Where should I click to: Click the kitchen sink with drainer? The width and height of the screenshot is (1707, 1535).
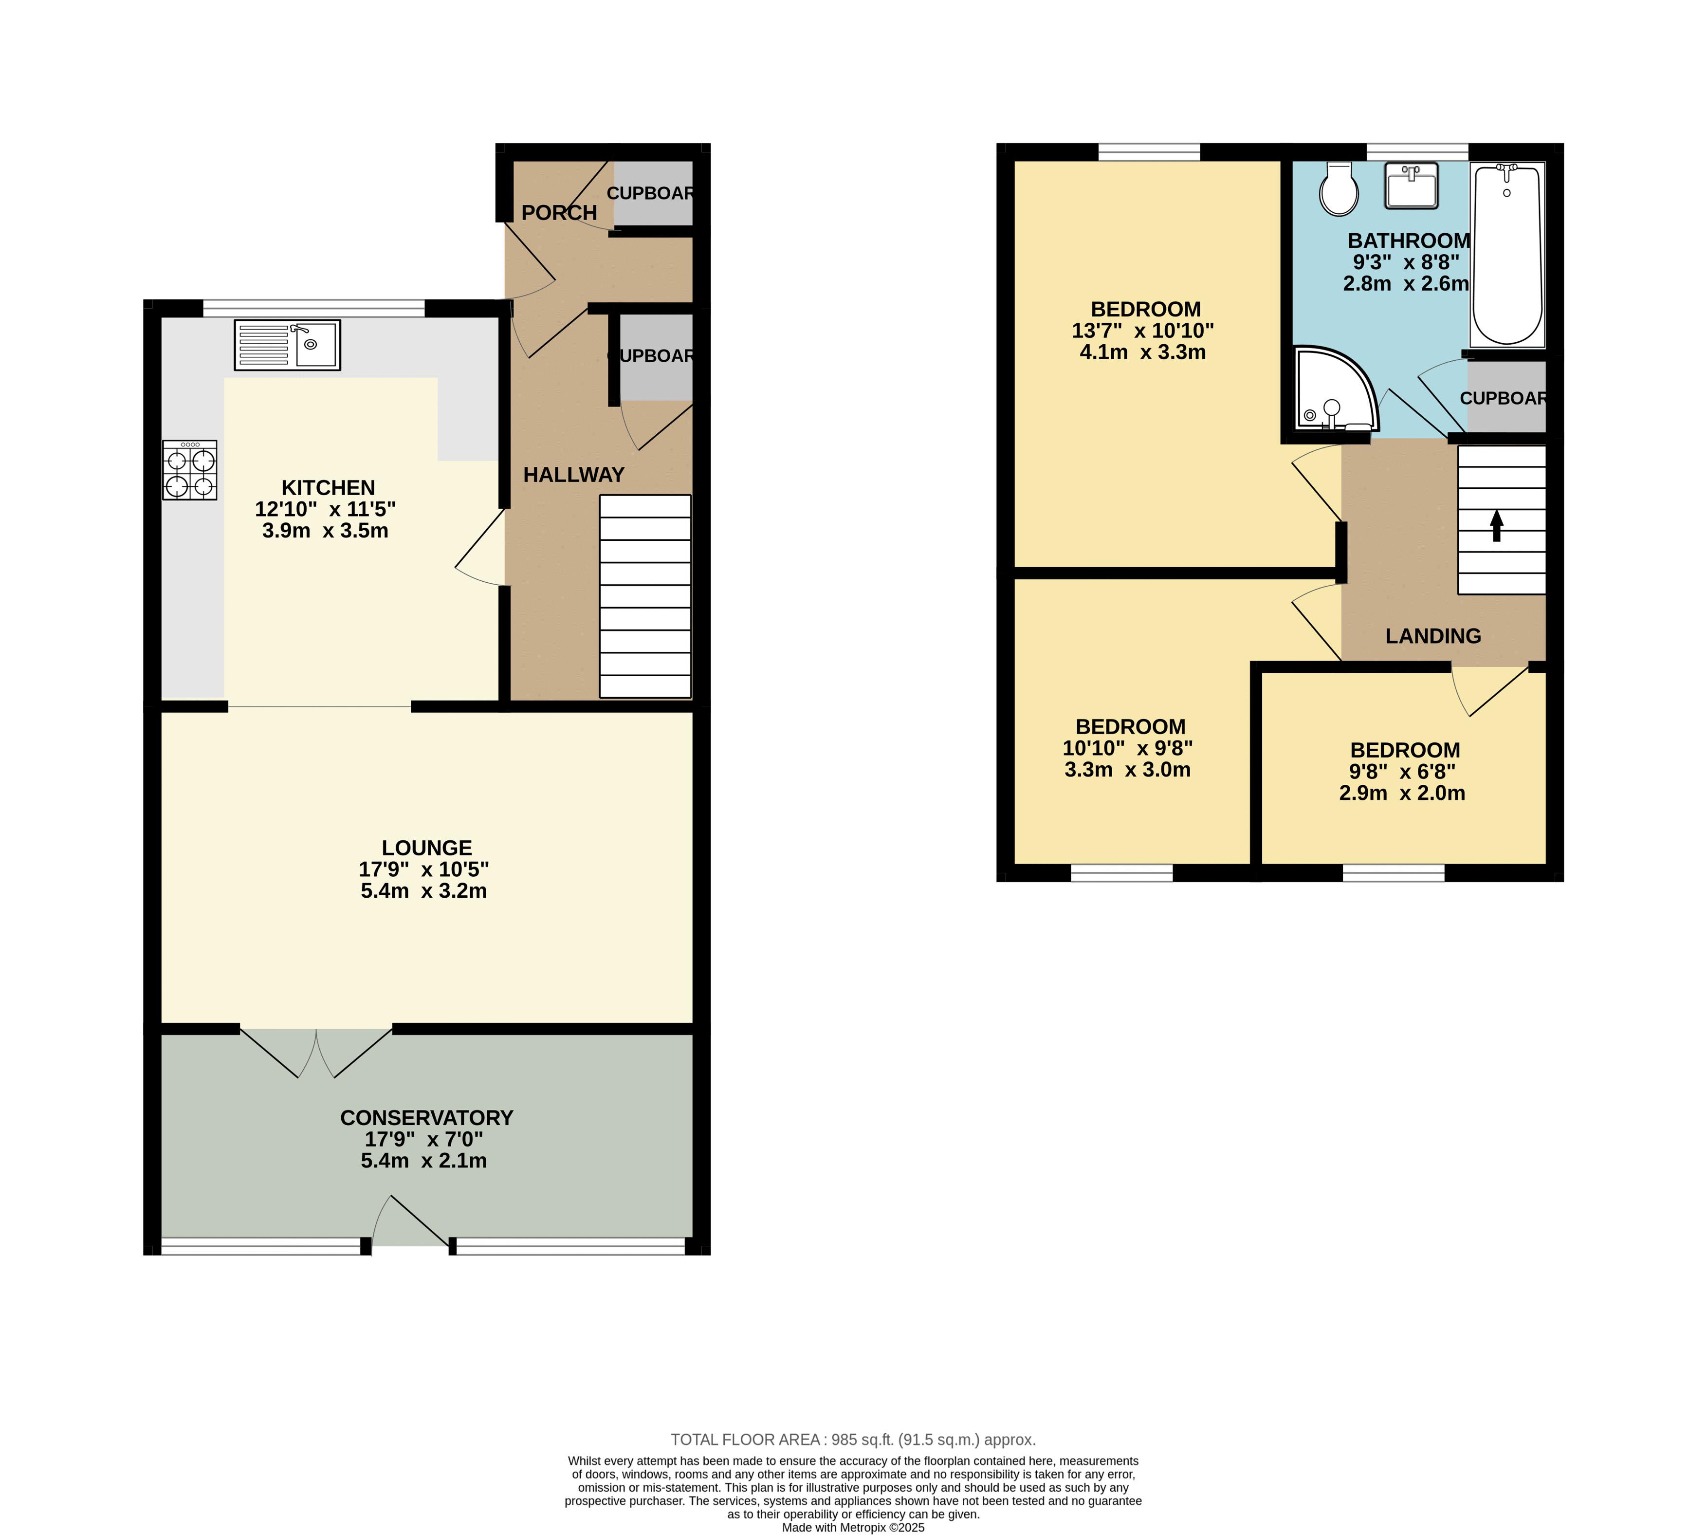[x=288, y=345]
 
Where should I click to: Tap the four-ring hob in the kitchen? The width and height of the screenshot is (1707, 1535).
[x=190, y=471]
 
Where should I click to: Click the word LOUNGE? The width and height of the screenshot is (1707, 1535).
[x=427, y=848]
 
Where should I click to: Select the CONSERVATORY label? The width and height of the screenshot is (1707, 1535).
[x=427, y=1117]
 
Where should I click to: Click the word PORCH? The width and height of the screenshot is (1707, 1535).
[x=559, y=213]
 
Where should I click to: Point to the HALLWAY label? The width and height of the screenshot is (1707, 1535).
[x=573, y=475]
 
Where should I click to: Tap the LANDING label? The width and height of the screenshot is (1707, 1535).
[x=1433, y=636]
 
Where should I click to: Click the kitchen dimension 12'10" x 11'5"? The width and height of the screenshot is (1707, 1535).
[x=326, y=509]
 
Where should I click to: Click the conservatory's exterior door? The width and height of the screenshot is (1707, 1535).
[x=410, y=1221]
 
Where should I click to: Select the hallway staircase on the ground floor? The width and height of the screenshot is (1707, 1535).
[x=645, y=596]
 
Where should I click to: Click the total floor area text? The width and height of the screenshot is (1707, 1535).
[x=853, y=1440]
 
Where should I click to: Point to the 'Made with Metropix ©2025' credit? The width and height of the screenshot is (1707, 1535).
[x=853, y=1527]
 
